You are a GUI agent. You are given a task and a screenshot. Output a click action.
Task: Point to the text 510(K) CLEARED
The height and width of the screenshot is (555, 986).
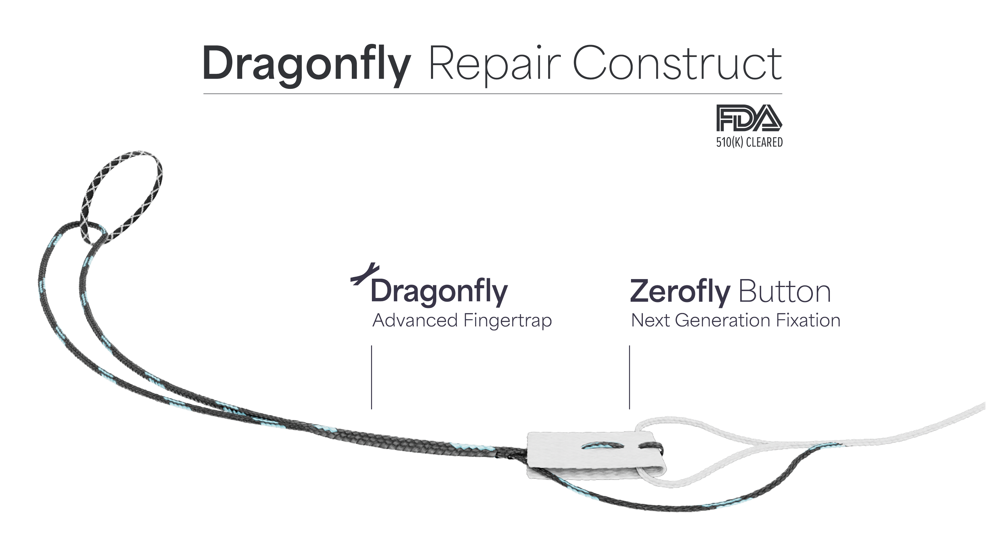749,142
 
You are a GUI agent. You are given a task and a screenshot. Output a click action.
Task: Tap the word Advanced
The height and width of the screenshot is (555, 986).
415,321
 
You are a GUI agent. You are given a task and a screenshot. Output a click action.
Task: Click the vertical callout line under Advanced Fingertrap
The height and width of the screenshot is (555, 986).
372,377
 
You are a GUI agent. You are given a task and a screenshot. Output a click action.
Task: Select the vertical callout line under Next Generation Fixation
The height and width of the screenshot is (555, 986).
629,377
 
